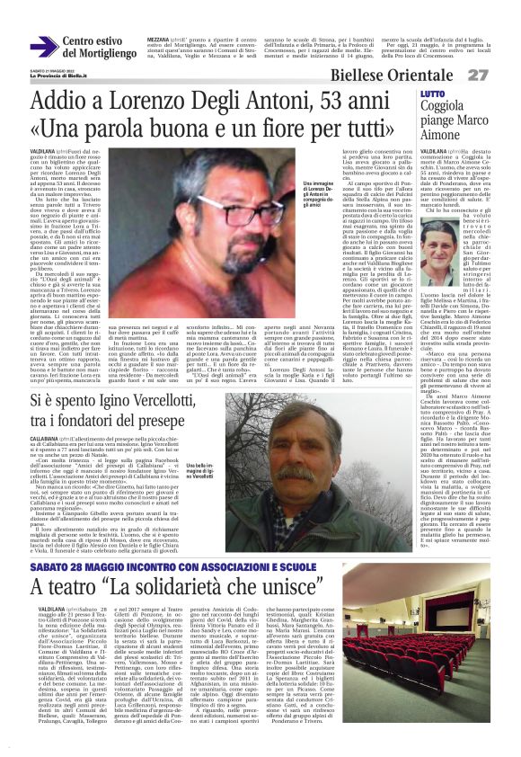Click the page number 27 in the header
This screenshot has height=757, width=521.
(x=503, y=74)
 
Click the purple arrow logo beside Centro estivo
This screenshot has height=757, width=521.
(x=43, y=46)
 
